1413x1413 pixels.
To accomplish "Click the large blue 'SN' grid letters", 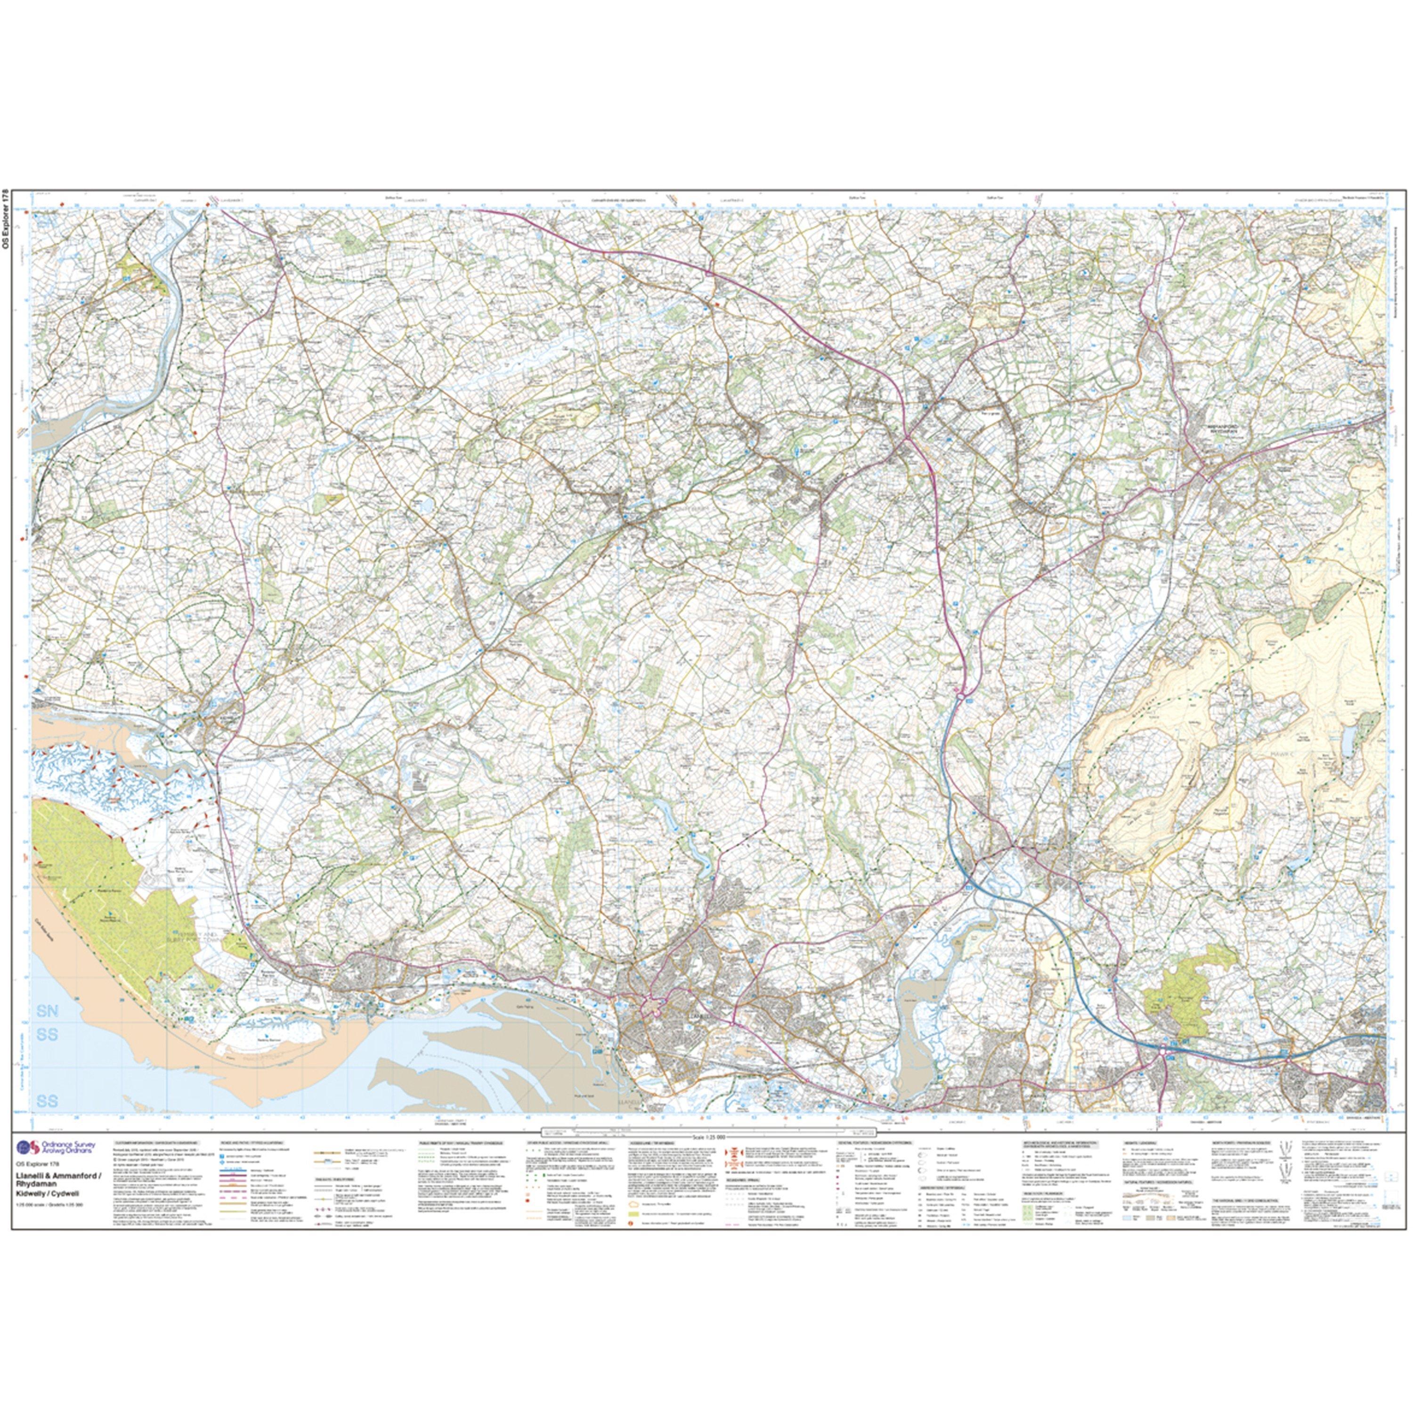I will tap(47, 1012).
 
